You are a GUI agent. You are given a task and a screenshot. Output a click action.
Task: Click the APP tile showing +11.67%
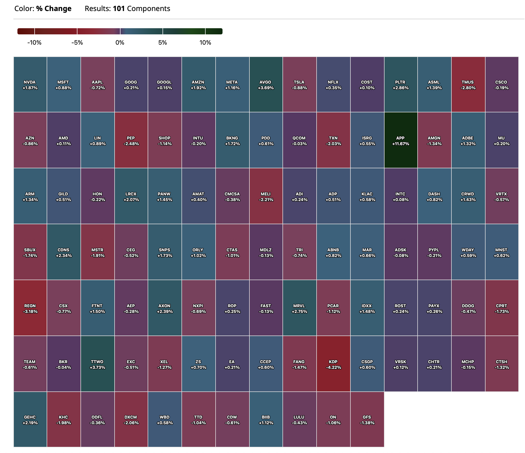pyautogui.click(x=401, y=140)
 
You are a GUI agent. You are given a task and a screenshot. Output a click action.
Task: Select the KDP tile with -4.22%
pyautogui.click(x=333, y=364)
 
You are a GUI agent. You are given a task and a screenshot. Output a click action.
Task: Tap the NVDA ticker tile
pyautogui.click(x=30, y=84)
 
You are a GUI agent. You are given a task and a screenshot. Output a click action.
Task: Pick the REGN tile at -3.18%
pyautogui.click(x=30, y=308)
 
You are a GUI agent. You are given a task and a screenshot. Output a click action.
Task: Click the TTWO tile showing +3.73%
pyautogui.click(x=97, y=364)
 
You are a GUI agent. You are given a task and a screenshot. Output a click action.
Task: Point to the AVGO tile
pyautogui.click(x=266, y=84)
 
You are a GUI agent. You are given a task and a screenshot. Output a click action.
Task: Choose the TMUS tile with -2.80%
pyautogui.click(x=468, y=84)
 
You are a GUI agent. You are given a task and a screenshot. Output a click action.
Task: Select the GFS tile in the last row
pyautogui.click(x=367, y=419)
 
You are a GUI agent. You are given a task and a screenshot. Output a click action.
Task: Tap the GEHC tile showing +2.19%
pyautogui.click(x=30, y=419)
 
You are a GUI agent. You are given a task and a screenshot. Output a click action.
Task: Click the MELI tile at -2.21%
pyautogui.click(x=266, y=196)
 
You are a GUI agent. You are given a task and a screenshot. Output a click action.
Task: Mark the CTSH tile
pyautogui.click(x=501, y=364)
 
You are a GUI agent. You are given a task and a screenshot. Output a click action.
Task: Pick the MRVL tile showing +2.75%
pyautogui.click(x=299, y=308)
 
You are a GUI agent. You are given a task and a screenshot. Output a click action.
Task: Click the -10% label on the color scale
pyautogui.click(x=34, y=43)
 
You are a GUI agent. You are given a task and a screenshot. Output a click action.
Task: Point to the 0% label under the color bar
pyautogui.click(x=120, y=43)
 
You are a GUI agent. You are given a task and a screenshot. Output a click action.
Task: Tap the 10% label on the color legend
pyautogui.click(x=205, y=43)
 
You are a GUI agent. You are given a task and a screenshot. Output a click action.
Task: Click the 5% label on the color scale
pyautogui.click(x=163, y=43)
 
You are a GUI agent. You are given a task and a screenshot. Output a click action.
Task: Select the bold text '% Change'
pyautogui.click(x=54, y=9)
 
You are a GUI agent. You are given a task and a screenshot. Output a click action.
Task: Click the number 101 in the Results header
pyautogui.click(x=119, y=9)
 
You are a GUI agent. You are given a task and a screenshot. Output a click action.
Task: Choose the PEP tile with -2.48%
pyautogui.click(x=131, y=140)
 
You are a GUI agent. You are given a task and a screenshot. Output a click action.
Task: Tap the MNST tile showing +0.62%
pyautogui.click(x=501, y=252)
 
